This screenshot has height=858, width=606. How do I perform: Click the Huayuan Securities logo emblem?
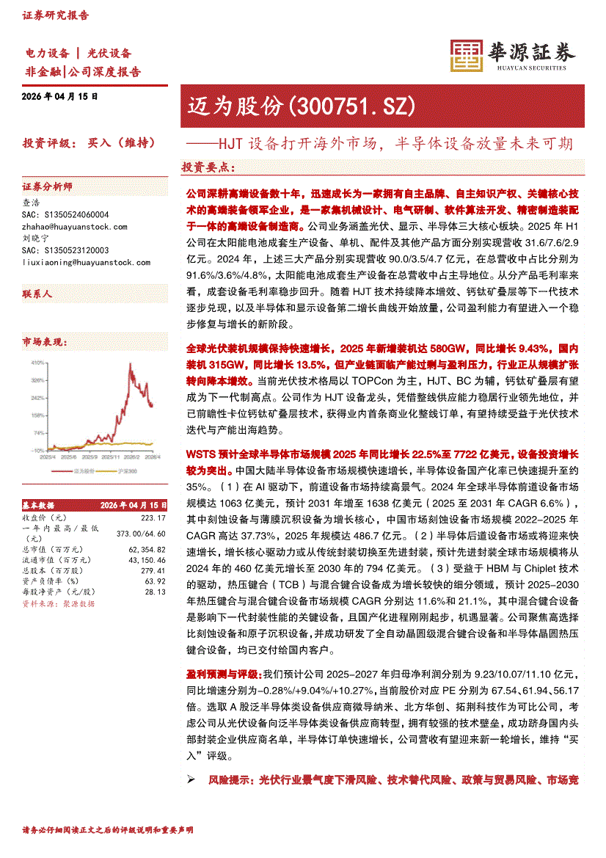pos(465,54)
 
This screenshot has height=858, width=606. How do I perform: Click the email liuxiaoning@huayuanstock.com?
pos(87,262)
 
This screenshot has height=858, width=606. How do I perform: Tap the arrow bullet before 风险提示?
pos(191,779)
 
